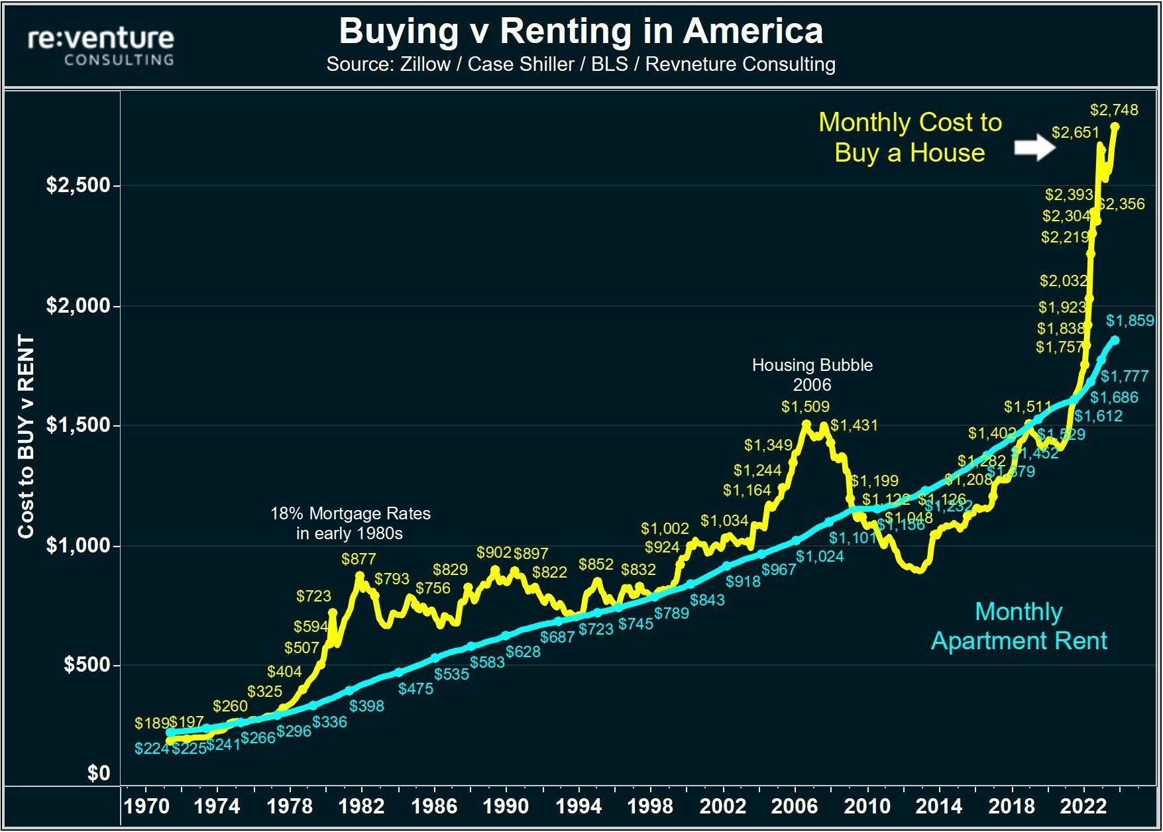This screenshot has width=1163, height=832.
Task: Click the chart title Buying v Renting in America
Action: [581, 30]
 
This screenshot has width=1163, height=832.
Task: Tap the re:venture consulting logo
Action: [101, 46]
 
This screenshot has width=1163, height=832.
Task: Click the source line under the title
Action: [581, 64]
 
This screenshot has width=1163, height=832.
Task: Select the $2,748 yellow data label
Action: [1114, 109]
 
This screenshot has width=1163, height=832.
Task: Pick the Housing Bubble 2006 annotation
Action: [812, 374]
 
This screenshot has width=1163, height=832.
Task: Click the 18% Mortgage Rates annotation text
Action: [350, 523]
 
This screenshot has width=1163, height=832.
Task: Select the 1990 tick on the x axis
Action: [506, 806]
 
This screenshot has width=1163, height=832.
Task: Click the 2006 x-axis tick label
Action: [795, 806]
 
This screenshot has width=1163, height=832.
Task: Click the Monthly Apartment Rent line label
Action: [1019, 625]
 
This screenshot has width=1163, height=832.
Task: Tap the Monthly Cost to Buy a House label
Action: [910, 137]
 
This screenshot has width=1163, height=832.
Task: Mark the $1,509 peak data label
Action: [805, 406]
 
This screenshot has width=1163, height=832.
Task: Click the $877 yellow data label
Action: [359, 558]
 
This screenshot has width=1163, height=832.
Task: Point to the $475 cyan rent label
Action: [415, 688]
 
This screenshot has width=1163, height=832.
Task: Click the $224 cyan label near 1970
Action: [151, 749]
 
